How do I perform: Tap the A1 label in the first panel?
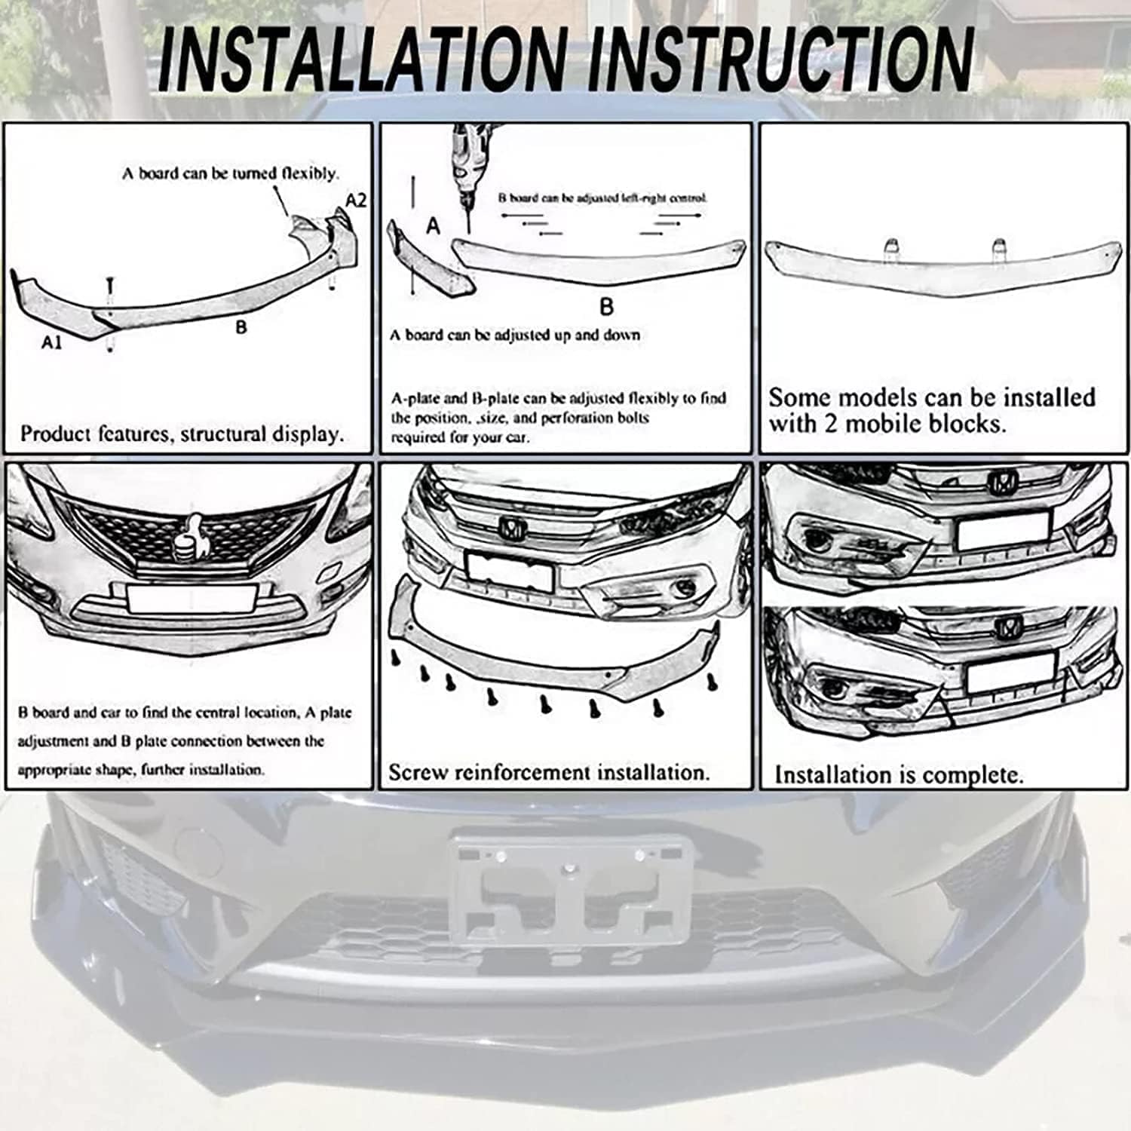pyautogui.click(x=51, y=342)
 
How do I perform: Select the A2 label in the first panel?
pyautogui.click(x=356, y=201)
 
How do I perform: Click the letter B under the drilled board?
pyautogui.click(x=606, y=307)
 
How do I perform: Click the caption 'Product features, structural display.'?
pyautogui.click(x=182, y=434)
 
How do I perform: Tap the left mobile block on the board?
pyautogui.click(x=890, y=247)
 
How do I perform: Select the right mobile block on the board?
pyautogui.click(x=999, y=247)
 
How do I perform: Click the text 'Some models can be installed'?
pyautogui.click(x=932, y=397)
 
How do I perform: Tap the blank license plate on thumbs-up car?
pyautogui.click(x=192, y=598)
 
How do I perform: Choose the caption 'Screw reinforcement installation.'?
pyautogui.click(x=549, y=772)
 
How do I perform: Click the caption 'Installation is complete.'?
pyautogui.click(x=899, y=775)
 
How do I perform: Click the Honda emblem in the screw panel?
pyautogui.click(x=510, y=528)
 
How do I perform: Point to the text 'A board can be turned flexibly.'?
pyautogui.click(x=231, y=173)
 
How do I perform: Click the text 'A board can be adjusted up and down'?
pyautogui.click(x=516, y=336)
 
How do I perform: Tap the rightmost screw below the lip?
pyautogui.click(x=713, y=682)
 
